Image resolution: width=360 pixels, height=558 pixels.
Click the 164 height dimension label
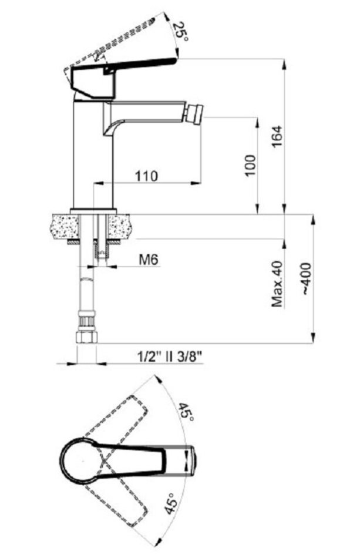click(x=277, y=137)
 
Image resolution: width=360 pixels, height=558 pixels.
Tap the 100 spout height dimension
click(x=250, y=165)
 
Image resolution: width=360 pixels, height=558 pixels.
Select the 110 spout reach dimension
click(x=146, y=176)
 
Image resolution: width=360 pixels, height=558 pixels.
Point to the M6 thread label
click(x=148, y=260)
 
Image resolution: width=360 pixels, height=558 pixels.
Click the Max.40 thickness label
click(x=277, y=284)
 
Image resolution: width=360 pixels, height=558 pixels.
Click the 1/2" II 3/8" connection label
click(x=170, y=356)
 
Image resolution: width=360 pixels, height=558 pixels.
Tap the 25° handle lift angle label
click(x=180, y=32)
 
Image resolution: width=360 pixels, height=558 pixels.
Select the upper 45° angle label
click(x=186, y=412)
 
